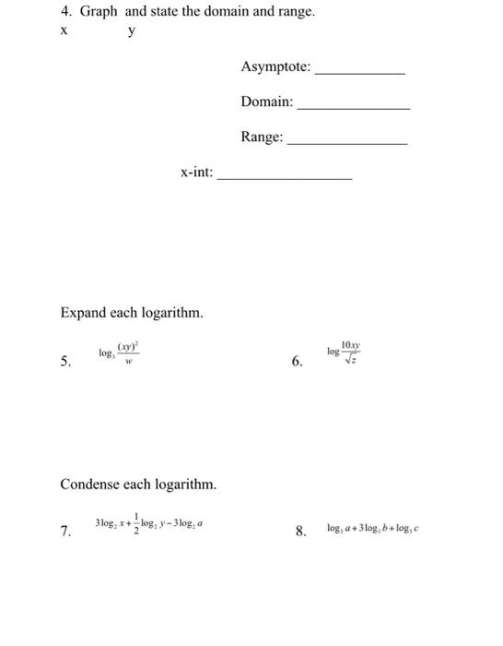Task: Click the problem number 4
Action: tap(65, 12)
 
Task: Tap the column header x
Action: tap(64, 30)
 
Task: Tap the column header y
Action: tap(132, 30)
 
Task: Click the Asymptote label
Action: tap(275, 67)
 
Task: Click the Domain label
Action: tap(267, 102)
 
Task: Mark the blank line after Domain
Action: tap(354, 109)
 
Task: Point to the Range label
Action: tap(263, 138)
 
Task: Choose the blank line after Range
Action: tap(347, 143)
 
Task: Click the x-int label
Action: tap(196, 172)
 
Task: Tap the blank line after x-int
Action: tap(285, 177)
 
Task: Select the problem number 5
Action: tap(65, 363)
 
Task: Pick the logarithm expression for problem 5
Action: tap(120, 353)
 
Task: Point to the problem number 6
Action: tap(297, 363)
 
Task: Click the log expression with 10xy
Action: tap(345, 353)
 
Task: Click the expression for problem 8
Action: tap(372, 529)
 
